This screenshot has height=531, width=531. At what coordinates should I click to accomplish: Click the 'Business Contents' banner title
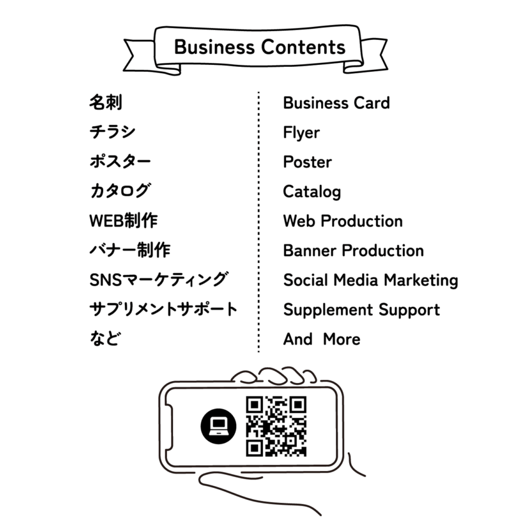click(x=259, y=48)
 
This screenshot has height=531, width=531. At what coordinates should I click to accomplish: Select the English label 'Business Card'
click(x=336, y=103)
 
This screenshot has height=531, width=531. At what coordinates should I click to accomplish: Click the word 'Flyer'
click(x=301, y=132)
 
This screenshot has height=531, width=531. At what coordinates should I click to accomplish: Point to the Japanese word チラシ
click(x=112, y=132)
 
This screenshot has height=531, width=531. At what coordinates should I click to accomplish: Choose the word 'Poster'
click(x=307, y=162)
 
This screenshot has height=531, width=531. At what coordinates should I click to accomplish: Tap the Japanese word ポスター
click(x=120, y=162)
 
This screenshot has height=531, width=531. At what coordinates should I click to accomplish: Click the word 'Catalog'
click(x=312, y=192)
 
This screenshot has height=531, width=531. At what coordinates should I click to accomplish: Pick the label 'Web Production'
click(x=342, y=221)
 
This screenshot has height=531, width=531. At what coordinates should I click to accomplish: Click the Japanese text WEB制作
click(x=124, y=221)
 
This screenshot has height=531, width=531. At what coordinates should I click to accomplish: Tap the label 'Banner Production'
click(x=353, y=251)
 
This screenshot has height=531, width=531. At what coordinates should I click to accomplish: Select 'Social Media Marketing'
click(x=370, y=280)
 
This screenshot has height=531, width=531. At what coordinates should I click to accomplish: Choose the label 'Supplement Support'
click(x=362, y=310)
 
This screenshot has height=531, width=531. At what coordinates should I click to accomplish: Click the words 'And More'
click(x=321, y=340)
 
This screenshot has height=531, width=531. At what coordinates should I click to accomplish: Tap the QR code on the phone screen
click(x=275, y=426)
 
